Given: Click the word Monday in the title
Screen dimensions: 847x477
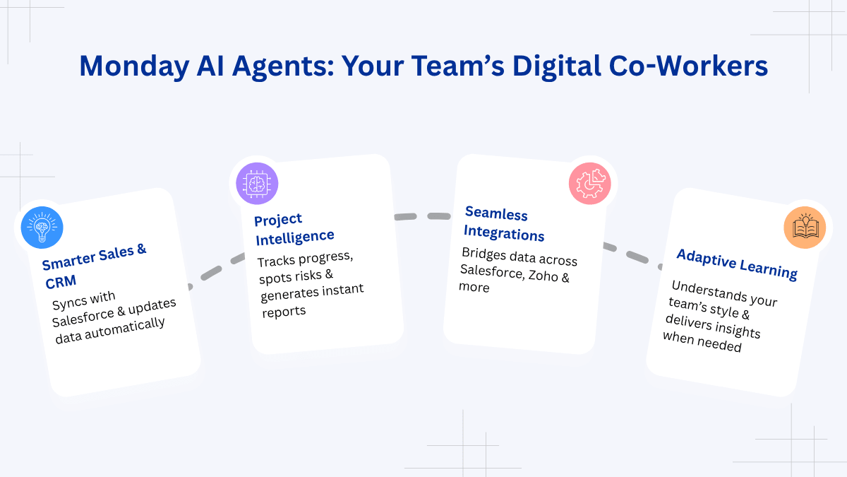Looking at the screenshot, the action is [x=134, y=66].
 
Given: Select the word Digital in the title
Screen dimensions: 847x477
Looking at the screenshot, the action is [x=557, y=66].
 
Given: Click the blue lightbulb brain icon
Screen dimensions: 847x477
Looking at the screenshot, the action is [x=42, y=228].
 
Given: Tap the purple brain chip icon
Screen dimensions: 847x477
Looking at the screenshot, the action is [x=257, y=184].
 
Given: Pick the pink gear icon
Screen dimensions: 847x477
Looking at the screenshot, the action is [x=590, y=184].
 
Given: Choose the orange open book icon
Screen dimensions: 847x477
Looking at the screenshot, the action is [x=805, y=228].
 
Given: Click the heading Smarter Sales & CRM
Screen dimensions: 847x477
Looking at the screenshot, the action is [x=95, y=266].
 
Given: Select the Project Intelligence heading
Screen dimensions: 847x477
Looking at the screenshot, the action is [x=294, y=230].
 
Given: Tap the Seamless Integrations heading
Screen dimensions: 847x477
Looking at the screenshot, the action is [x=504, y=223].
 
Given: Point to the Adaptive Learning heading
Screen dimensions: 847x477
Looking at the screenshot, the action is [x=737, y=264].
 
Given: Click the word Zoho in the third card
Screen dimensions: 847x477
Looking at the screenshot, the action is [x=543, y=275].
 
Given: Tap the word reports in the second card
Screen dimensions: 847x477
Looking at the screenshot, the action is [x=284, y=312].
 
